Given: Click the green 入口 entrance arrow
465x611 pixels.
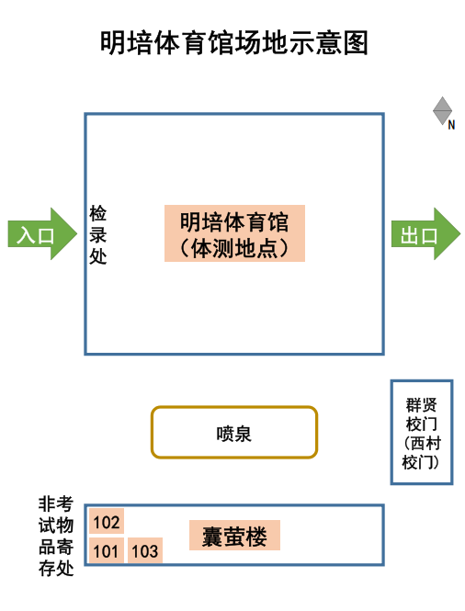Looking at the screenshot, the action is [x=42, y=233].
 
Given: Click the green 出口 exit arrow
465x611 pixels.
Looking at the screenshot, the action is [x=425, y=233].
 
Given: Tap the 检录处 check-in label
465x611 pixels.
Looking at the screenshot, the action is [x=97, y=235].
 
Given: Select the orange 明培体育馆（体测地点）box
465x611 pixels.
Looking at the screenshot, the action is [x=234, y=233].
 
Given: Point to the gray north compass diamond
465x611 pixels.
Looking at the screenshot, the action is [x=442, y=110].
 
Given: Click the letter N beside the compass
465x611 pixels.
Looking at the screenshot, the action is [x=451, y=125].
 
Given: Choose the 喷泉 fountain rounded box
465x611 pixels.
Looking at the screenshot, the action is [x=234, y=432].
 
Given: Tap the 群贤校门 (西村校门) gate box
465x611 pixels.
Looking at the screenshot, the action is [x=422, y=432].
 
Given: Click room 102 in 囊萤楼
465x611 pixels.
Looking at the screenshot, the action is [x=107, y=521].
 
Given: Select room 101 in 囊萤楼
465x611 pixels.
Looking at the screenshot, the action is [x=107, y=550].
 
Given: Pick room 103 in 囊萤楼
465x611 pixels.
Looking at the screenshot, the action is [x=145, y=550].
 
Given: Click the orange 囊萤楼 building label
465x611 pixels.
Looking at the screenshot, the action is [x=234, y=536].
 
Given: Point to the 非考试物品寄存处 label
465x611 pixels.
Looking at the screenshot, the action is [x=56, y=536].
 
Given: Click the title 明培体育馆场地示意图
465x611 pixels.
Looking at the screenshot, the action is [x=234, y=42].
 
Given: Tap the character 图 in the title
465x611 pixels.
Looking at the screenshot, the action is [x=356, y=42].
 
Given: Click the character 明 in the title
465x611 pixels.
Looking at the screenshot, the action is [x=113, y=42].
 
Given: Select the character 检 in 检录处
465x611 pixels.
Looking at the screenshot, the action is [x=97, y=213].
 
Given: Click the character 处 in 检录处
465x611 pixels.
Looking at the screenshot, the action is [x=97, y=256].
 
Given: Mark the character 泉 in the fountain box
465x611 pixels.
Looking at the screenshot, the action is [x=243, y=434].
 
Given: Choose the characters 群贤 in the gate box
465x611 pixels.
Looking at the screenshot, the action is [x=421, y=405].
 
